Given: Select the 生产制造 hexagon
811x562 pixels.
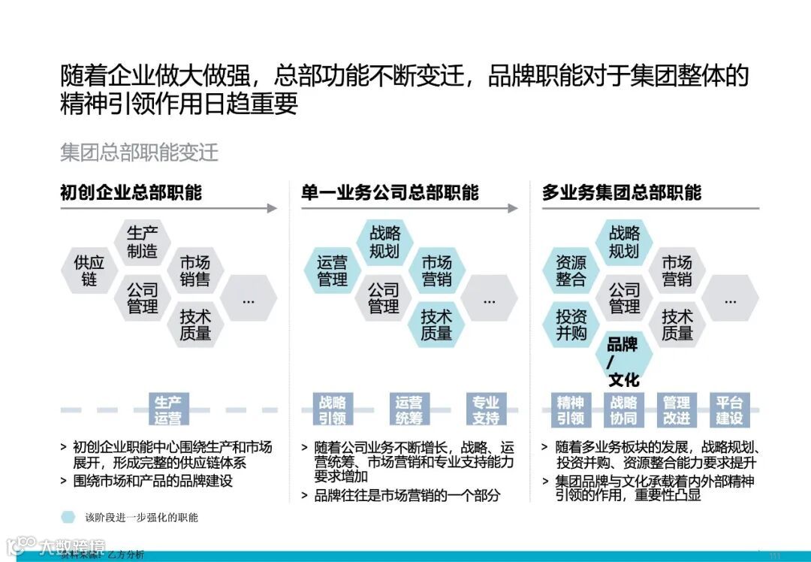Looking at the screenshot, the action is click(x=142, y=243).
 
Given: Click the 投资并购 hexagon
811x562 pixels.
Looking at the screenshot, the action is click(x=571, y=325).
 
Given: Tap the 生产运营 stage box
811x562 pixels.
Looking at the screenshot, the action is click(x=167, y=410).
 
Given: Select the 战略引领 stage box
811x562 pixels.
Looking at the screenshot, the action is click(x=332, y=410).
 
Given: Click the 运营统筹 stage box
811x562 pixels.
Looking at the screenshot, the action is click(x=409, y=410).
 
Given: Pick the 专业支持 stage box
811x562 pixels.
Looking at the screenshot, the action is click(x=486, y=410).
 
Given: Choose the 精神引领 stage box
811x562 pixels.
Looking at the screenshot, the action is click(x=571, y=410).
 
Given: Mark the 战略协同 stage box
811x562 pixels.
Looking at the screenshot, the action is click(x=623, y=410).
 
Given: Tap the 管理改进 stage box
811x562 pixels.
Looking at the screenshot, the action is click(x=676, y=410).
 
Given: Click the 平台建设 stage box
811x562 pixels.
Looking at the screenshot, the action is click(x=729, y=410).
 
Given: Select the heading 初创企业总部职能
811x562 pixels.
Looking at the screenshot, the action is click(x=131, y=193).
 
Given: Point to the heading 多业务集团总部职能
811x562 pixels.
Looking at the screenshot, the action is click(x=622, y=193).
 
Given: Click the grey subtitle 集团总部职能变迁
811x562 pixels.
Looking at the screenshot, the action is click(x=139, y=153).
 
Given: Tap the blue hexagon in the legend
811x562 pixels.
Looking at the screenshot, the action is click(x=68, y=517).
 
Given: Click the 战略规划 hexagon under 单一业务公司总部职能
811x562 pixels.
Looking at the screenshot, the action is click(x=384, y=243).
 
